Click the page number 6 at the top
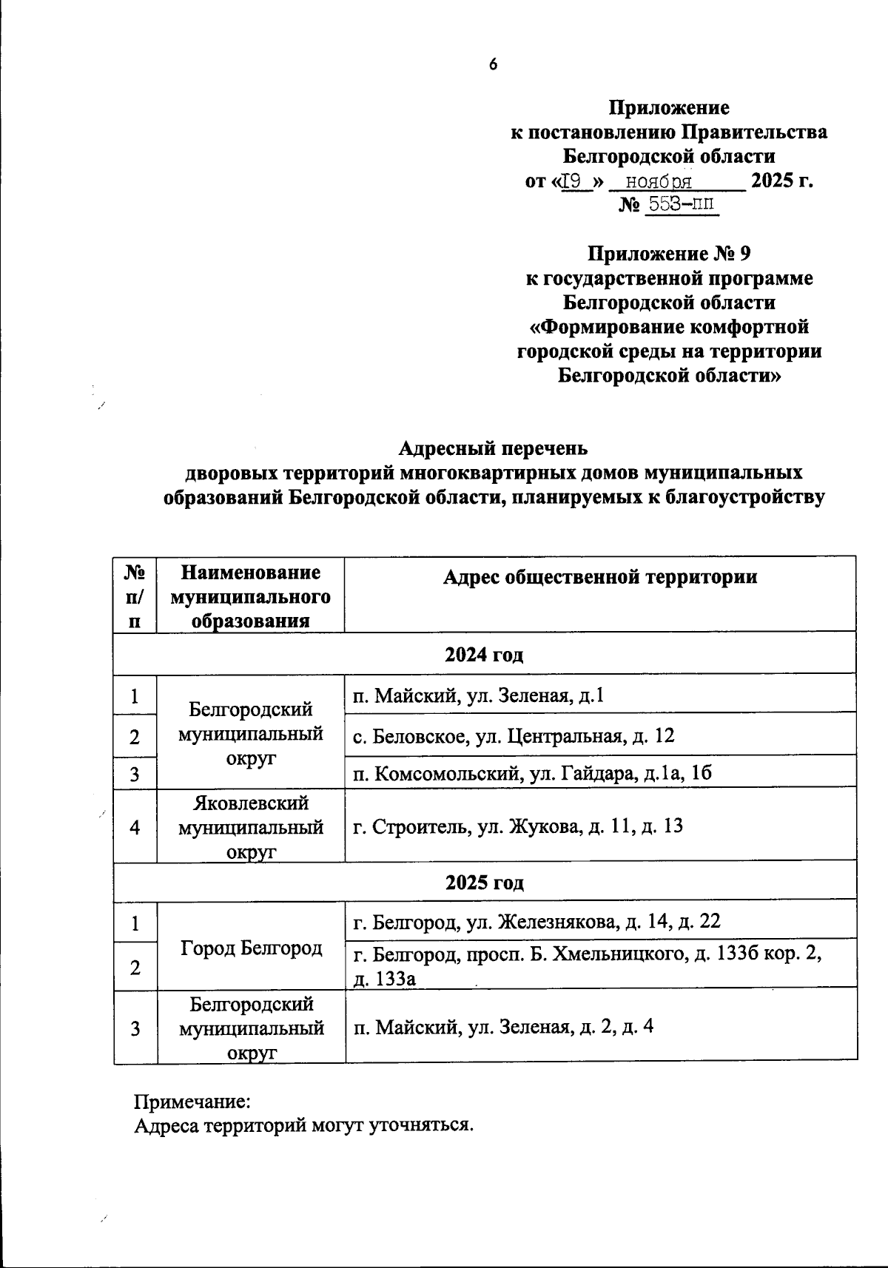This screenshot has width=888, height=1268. [x=494, y=64]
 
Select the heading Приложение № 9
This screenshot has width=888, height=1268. [x=668, y=254]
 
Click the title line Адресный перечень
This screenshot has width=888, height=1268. [x=493, y=448]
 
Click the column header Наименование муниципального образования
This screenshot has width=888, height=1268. [x=250, y=596]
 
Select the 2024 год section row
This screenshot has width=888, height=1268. [x=485, y=654]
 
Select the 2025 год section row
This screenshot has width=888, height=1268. [x=485, y=883]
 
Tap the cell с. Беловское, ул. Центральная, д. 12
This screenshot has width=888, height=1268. [x=514, y=736]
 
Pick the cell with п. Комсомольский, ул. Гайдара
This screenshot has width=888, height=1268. [x=532, y=774]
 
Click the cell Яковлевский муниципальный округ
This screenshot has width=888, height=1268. [x=250, y=826]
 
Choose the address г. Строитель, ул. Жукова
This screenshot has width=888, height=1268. [x=518, y=826]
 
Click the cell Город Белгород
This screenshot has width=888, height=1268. [x=250, y=947]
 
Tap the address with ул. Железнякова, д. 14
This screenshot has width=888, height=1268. [x=536, y=922]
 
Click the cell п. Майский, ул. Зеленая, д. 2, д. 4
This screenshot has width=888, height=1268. [x=503, y=1027]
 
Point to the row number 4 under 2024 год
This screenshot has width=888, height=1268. [x=135, y=827]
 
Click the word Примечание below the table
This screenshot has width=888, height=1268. [x=192, y=1102]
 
